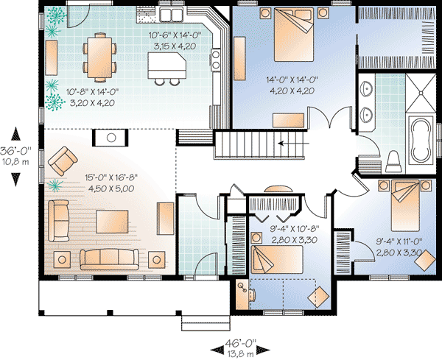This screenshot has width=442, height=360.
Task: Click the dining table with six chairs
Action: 99,56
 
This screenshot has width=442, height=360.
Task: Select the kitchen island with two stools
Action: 166,67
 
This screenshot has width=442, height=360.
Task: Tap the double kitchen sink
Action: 172,14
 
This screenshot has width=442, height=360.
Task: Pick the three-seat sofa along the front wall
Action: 108,258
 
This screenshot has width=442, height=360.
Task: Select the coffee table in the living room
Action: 108,221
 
